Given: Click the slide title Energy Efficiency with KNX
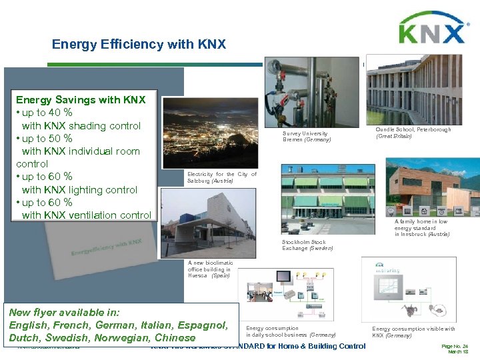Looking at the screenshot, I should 139,45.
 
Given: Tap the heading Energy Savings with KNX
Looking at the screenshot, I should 81,100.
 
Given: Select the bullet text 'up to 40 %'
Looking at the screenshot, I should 47,113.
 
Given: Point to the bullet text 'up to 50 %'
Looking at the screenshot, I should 47,138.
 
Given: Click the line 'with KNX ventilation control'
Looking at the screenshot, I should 87,214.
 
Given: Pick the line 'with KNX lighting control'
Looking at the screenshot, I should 79,189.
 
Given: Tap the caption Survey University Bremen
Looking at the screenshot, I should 307,136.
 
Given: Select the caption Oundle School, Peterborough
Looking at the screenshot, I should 413,132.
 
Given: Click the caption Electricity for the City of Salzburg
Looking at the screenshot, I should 221,177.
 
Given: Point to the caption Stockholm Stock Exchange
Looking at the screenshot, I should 307,245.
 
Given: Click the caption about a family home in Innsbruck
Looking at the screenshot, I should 421,228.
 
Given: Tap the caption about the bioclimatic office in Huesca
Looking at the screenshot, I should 209,269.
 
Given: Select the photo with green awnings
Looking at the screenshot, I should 327,199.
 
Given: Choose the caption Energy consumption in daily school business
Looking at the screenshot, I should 291,331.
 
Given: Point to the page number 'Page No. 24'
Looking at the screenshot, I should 455,346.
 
